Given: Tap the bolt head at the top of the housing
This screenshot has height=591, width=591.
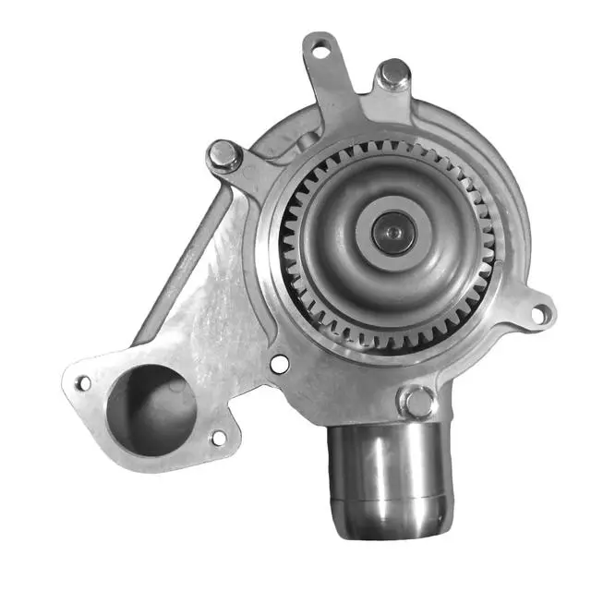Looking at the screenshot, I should [394, 74].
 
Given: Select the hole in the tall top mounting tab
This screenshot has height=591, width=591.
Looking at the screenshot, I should [320, 52].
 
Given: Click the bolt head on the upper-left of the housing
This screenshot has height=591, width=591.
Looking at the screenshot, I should [224, 156].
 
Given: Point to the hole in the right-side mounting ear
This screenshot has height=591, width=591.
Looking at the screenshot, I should [538, 315].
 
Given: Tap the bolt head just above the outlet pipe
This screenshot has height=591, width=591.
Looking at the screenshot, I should [417, 402].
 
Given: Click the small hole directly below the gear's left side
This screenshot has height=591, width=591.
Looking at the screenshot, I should [279, 365].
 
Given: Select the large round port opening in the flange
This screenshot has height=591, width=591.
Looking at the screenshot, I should [152, 407].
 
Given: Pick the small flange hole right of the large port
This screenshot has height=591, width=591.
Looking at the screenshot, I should [219, 437].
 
